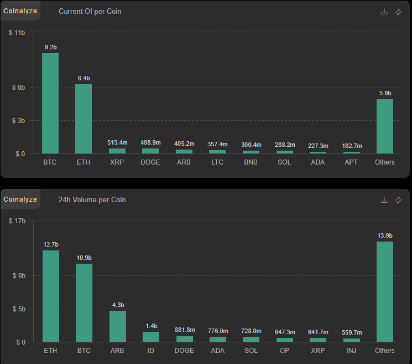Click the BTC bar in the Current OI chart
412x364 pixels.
pyautogui.click(x=50, y=103)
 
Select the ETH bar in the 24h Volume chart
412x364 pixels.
pyautogui.click(x=51, y=296)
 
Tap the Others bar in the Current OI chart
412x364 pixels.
pyautogui.click(x=385, y=126)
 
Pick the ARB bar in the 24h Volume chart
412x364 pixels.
pyautogui.click(x=118, y=326)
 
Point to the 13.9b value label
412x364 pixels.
pyautogui.click(x=385, y=236)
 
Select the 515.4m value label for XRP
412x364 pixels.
pyautogui.click(x=117, y=143)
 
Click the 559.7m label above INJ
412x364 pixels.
pyautogui.click(x=351, y=332)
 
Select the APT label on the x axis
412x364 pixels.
pyautogui.click(x=351, y=162)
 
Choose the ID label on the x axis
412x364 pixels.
pyautogui.click(x=151, y=351)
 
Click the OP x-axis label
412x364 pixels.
pyautogui.click(x=284, y=351)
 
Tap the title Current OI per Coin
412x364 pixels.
pyautogui.click(x=90, y=12)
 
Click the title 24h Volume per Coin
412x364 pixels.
pyautogui.click(x=92, y=200)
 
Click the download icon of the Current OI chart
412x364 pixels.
pyautogui.click(x=384, y=12)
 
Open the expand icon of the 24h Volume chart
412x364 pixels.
pyautogui.click(x=398, y=200)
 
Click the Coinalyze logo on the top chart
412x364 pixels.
pyautogui.click(x=20, y=11)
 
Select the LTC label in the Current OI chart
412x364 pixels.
pyautogui.click(x=217, y=162)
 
